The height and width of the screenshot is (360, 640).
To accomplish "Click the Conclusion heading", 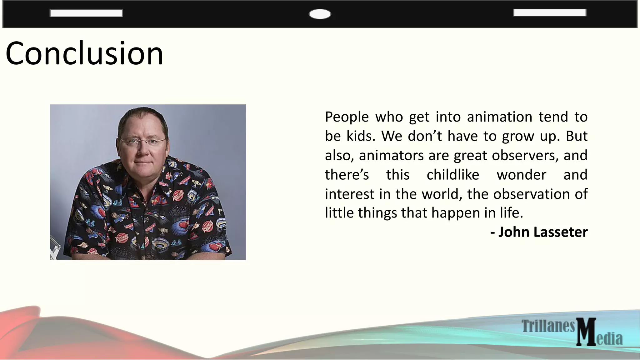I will [x=84, y=54].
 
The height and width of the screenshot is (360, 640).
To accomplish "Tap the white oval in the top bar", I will [x=320, y=14].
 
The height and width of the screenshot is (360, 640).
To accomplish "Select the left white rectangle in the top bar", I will [x=86, y=13].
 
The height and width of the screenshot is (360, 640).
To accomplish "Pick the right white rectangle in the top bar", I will [x=550, y=12].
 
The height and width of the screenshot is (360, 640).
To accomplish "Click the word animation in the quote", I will [x=499, y=117].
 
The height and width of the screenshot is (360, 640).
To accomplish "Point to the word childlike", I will [x=453, y=175].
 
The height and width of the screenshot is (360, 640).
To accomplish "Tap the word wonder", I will [x=521, y=175].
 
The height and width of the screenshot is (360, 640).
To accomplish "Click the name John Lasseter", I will [x=543, y=232].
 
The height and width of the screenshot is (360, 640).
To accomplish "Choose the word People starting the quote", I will [x=347, y=117].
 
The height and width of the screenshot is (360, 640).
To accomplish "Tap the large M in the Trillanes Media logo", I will [x=586, y=332].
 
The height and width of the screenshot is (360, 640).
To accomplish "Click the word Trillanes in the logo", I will [x=548, y=326].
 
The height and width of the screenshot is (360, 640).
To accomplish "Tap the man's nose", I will [x=143, y=150].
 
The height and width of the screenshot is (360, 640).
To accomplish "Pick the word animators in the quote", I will [x=391, y=155].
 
